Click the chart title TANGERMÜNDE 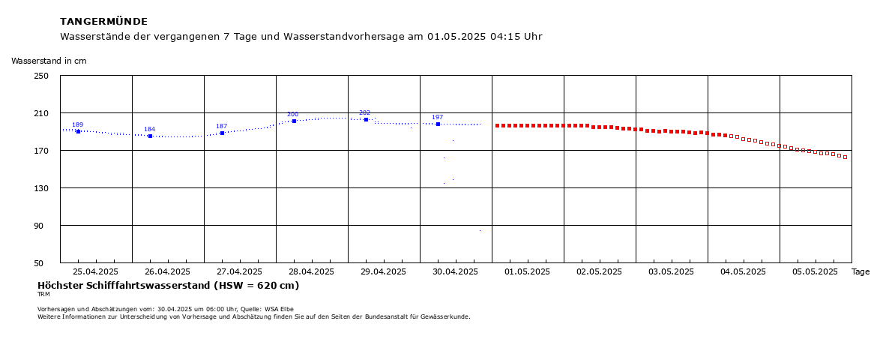103,22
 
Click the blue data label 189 77,124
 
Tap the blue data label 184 149,129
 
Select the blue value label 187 221,126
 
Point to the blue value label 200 292,115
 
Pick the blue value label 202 364,112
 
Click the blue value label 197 437,117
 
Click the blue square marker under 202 367,119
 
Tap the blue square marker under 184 150,136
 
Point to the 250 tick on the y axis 42,76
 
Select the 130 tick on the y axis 42,188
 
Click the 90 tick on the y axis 44,226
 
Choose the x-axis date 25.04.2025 97,271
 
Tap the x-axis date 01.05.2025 528,271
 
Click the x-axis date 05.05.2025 816,271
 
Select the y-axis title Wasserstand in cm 49,61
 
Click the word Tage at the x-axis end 861,271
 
